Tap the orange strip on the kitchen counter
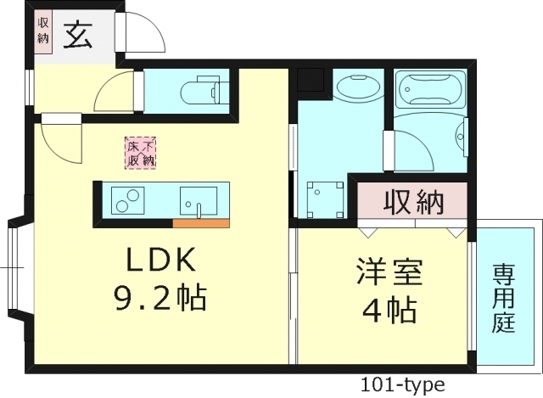coord(201,223)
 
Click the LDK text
coord(162,259)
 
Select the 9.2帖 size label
coord(160,298)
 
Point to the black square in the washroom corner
coord(309,79)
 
